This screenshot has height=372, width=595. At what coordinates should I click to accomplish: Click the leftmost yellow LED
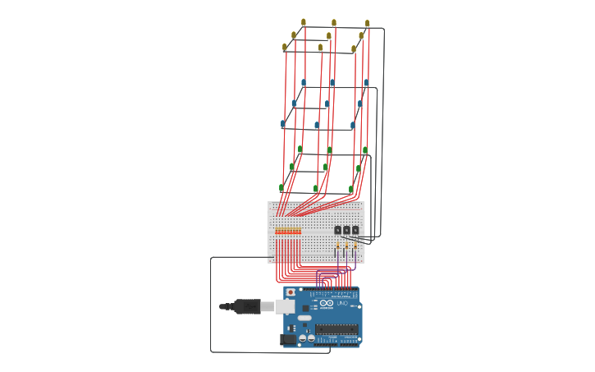tap(285, 47)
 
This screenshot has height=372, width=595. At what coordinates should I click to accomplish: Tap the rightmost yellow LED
tap(367, 23)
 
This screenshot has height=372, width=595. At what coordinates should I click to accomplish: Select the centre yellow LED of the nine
tap(329, 36)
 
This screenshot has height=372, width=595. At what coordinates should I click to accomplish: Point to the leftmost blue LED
tap(283, 124)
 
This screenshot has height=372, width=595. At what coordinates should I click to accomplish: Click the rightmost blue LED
tap(366, 83)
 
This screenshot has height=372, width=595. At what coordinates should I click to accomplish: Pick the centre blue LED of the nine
tap(327, 104)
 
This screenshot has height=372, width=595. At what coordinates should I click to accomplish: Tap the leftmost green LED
tap(281, 188)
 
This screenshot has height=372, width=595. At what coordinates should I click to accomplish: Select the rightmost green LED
tap(365, 150)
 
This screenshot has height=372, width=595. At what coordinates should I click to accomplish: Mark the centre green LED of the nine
tap(325, 168)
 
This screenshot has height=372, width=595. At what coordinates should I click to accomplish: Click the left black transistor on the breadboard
tap(337, 230)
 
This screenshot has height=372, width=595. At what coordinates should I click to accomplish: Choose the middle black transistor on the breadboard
tap(346, 230)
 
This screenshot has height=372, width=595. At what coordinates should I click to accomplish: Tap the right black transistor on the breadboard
tap(355, 230)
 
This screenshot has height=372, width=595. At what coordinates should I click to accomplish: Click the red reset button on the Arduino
tap(291, 292)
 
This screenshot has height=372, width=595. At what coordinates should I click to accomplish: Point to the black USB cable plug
tap(245, 306)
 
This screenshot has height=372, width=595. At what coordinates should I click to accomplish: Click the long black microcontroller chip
tap(336, 330)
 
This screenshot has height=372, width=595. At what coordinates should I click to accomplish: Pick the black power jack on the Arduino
tap(288, 339)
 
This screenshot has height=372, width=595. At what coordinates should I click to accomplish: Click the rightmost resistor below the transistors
tap(355, 245)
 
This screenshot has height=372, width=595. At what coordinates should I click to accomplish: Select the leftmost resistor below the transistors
tap(337, 245)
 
